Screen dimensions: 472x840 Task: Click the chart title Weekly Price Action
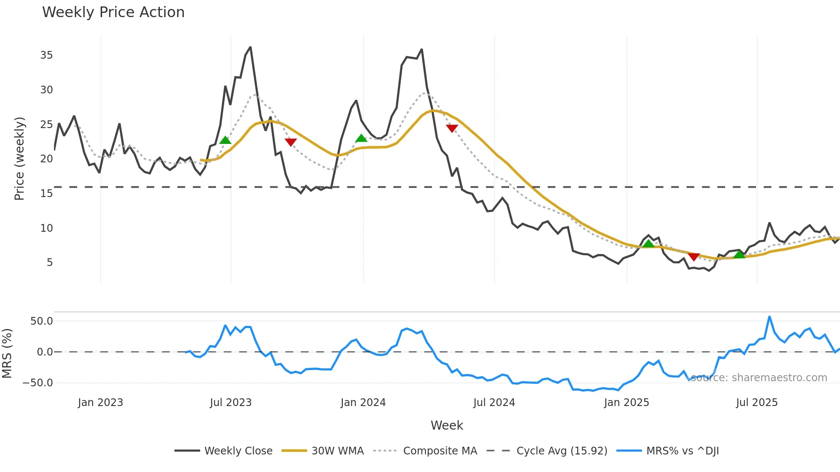pyautogui.click(x=113, y=12)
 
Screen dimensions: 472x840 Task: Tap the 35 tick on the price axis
pyautogui.click(x=46, y=55)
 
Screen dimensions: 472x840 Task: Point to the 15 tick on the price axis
pyautogui.click(x=46, y=194)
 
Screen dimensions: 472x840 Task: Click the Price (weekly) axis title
pyautogui.click(x=19, y=158)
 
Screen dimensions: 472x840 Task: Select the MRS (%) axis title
pyautogui.click(x=7, y=353)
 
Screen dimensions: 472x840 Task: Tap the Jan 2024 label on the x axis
pyautogui.click(x=363, y=403)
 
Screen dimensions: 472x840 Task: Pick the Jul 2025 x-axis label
pyautogui.click(x=756, y=403)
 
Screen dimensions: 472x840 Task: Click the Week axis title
pyautogui.click(x=447, y=425)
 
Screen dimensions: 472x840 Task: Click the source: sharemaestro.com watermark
pyautogui.click(x=759, y=378)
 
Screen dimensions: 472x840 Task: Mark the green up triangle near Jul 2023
pyautogui.click(x=225, y=140)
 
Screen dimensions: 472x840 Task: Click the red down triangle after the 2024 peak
pyautogui.click(x=452, y=128)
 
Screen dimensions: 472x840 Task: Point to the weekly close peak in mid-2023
pyautogui.click(x=250, y=47)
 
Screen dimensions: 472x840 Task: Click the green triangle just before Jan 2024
pyautogui.click(x=361, y=138)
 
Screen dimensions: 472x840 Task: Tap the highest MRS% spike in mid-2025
pyautogui.click(x=770, y=317)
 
